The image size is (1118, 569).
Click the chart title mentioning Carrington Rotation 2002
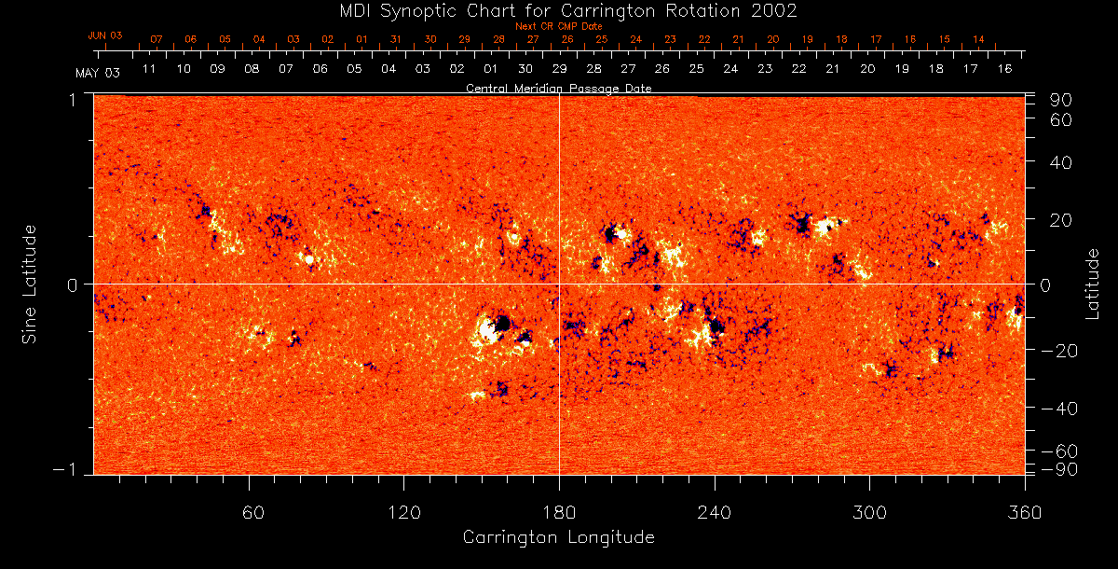pos(559,11)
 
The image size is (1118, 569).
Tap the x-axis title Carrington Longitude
pos(558,537)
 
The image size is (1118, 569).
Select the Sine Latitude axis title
pos(30,284)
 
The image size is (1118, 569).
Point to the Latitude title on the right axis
pos(1093,284)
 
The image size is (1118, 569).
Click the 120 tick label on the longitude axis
pos(403,512)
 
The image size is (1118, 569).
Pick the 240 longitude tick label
pos(715,512)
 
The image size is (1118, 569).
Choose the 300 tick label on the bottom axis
pos(869,512)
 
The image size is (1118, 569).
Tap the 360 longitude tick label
pos(1023,512)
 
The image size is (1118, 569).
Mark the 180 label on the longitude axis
pos(559,512)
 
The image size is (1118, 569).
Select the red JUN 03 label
pos(105,35)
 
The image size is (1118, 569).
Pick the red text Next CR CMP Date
pos(558,26)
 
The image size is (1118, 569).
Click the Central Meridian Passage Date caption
pos(558,88)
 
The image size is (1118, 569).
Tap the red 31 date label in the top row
pos(396,40)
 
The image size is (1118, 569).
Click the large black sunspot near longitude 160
pos(503,324)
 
